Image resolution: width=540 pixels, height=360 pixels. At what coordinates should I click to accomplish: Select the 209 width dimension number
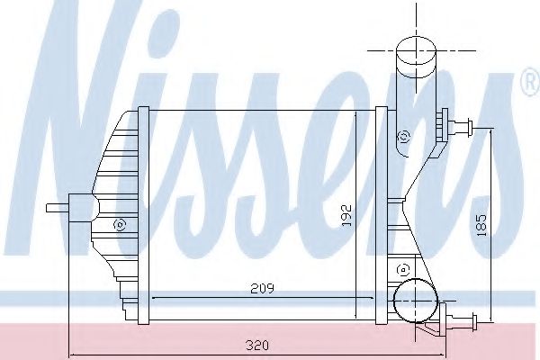pos(261,288)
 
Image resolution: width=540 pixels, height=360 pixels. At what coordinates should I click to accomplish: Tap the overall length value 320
pos(260,343)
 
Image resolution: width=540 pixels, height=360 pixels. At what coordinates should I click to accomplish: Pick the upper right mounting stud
pos(465,128)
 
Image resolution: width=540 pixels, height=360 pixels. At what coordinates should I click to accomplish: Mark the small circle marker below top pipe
pos(403,137)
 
